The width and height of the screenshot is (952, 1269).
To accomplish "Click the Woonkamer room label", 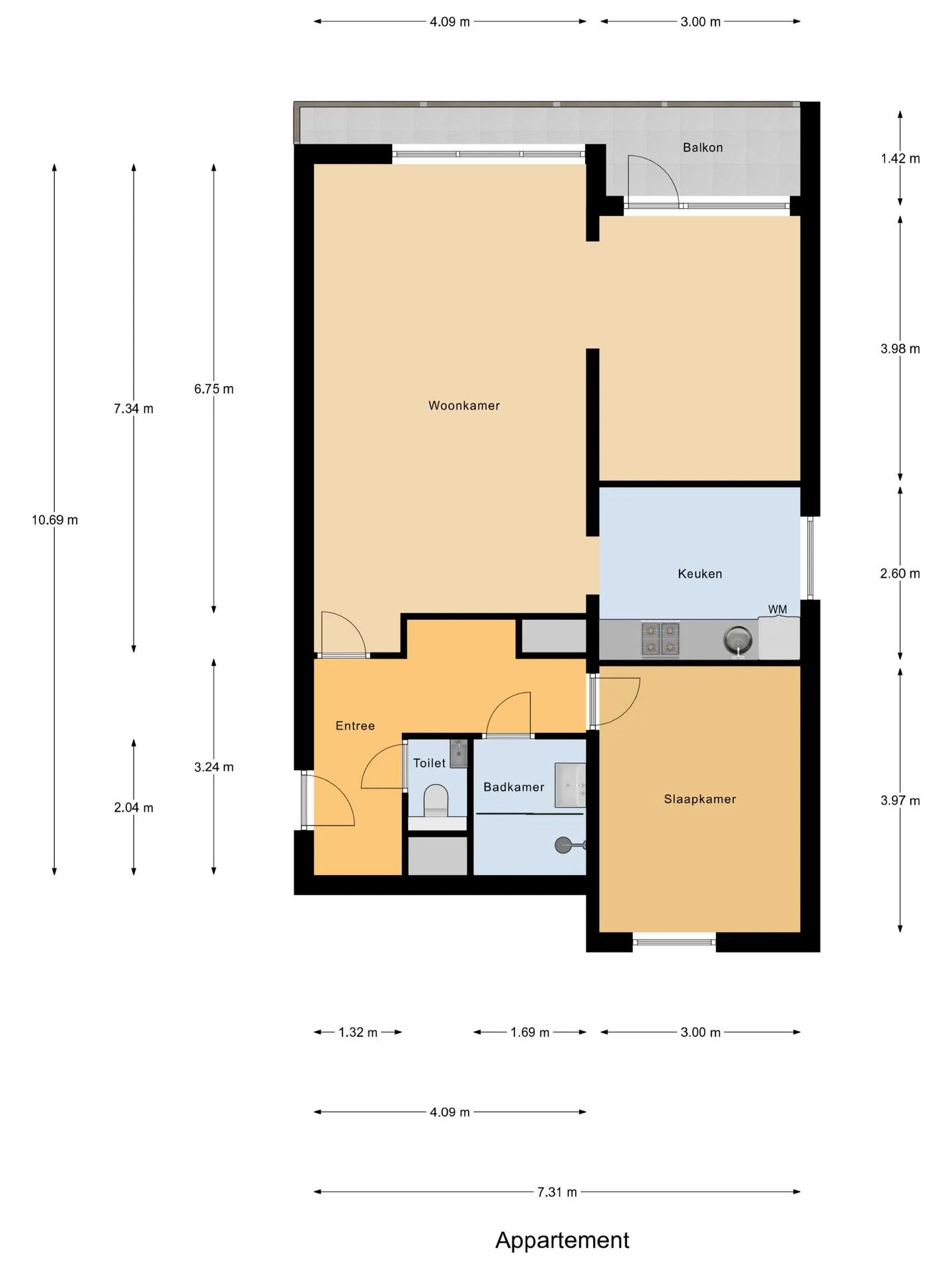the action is coord(464,406).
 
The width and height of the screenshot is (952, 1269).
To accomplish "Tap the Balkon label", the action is coord(703,147).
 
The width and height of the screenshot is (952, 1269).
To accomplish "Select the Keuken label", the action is coord(700,574).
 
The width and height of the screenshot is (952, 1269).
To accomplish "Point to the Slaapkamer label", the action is coord(700,799).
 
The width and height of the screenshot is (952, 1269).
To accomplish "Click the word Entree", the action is coord(355,726).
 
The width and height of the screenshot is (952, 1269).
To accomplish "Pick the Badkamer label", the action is coord(514,787).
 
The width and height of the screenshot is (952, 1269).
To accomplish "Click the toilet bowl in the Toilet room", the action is coord(436,800).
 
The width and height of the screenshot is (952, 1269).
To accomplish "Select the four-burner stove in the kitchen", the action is coord(660,639).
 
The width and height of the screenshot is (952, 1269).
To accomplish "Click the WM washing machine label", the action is coord(777,609).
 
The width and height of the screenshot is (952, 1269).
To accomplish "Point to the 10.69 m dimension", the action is coord(55,520).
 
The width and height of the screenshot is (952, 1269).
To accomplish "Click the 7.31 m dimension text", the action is coord(557,1192).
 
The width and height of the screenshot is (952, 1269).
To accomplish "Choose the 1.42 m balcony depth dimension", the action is coord(900,159).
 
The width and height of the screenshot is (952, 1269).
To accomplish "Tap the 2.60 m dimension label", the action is coord(900,574).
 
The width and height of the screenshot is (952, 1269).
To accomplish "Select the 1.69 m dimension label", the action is coord(530,1032).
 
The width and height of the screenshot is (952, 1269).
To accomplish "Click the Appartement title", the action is coord(563,1241).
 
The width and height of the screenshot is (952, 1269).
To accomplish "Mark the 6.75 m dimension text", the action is coord(214,389).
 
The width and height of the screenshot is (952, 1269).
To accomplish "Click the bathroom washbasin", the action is coord(570,785).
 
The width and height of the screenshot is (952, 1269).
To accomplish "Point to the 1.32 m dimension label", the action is coord(358,1032).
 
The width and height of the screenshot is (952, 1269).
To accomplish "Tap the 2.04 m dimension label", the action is coord(134,808).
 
